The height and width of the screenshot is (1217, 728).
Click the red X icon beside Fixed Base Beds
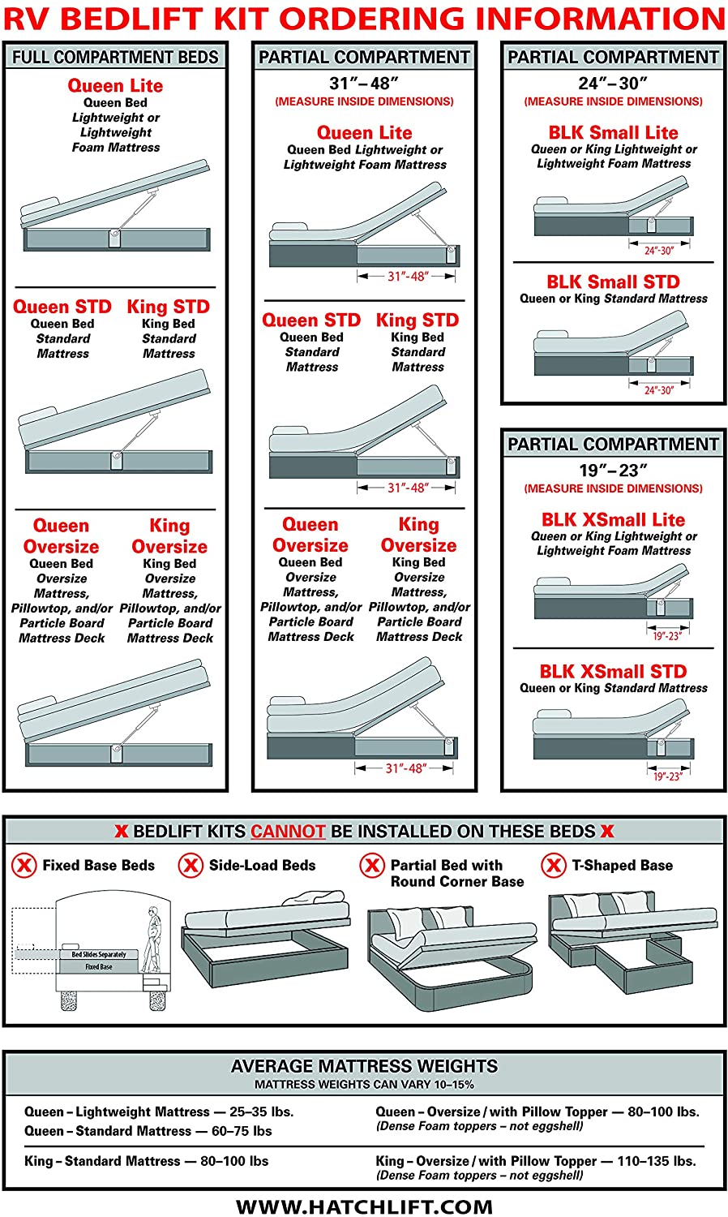(x=24, y=865)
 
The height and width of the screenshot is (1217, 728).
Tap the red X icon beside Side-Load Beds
(x=191, y=865)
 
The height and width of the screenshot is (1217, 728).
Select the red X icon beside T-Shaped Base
(x=554, y=865)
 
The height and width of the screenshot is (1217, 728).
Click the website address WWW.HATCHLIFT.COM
(x=364, y=1206)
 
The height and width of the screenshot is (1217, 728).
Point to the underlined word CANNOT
(x=288, y=832)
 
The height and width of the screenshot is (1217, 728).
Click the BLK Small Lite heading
(x=614, y=132)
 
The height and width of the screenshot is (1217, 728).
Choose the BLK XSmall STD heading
(x=614, y=672)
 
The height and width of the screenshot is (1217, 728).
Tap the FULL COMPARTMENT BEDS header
(x=115, y=57)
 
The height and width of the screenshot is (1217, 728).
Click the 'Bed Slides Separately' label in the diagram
(x=99, y=955)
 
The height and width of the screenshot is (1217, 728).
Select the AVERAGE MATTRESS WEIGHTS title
(x=364, y=1066)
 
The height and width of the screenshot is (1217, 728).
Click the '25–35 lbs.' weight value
(x=261, y=1112)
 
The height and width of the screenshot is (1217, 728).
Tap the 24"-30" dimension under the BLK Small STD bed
(x=659, y=390)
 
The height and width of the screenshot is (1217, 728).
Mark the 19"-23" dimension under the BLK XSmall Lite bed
(x=667, y=635)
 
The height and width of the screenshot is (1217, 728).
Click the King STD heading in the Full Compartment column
(x=169, y=307)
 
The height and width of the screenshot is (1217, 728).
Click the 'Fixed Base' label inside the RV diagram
(x=99, y=967)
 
